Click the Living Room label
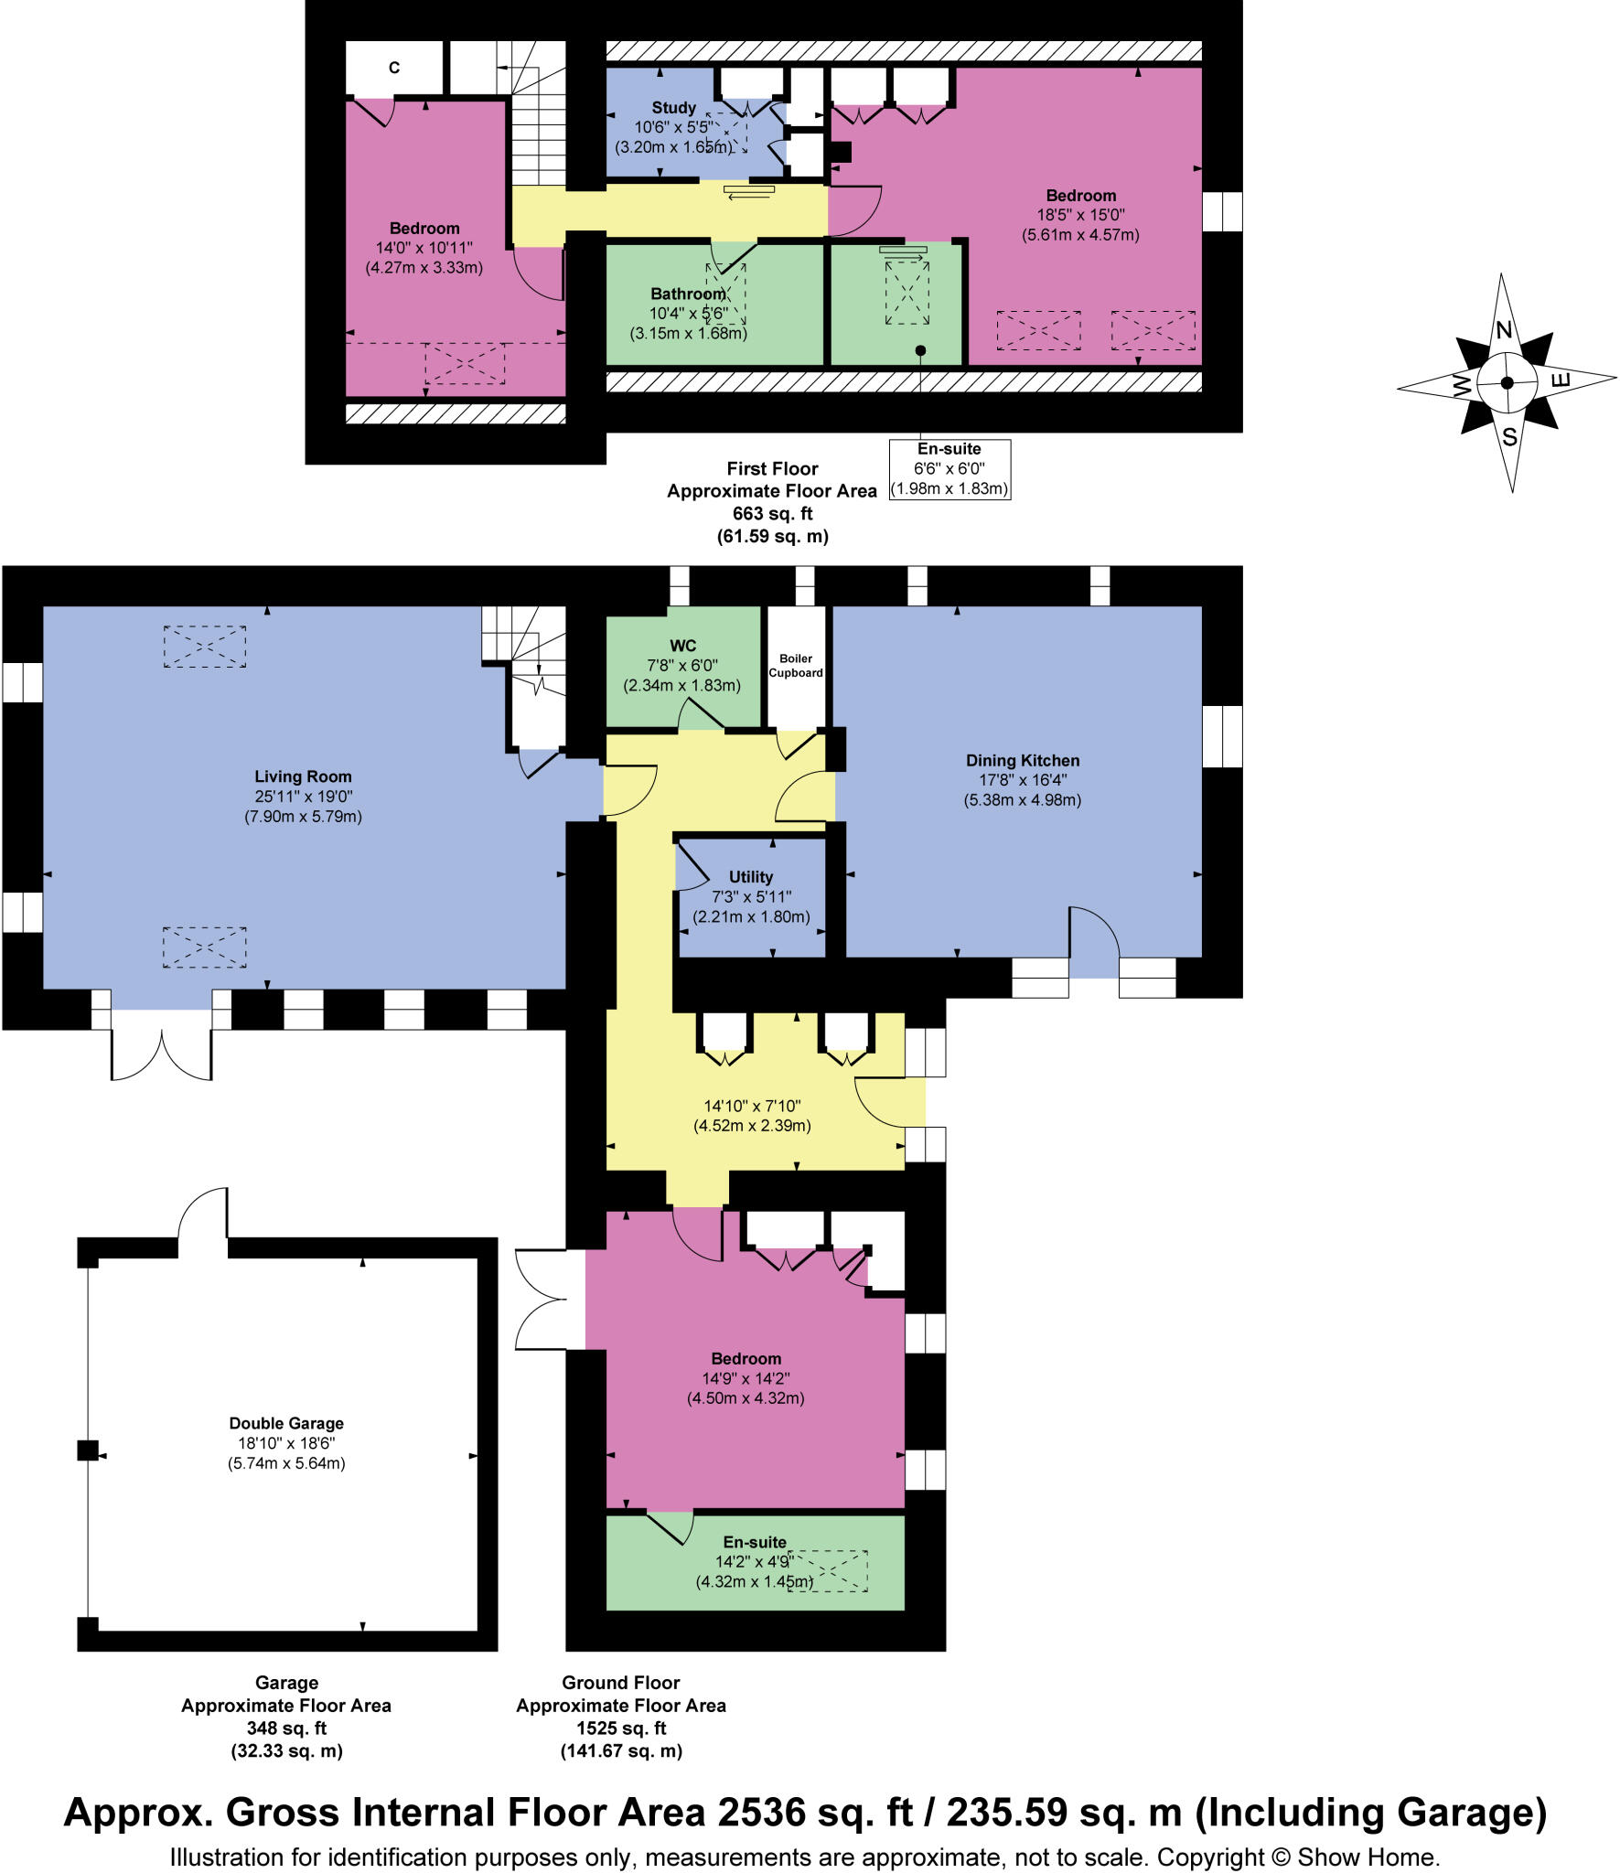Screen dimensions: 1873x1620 pyautogui.click(x=303, y=776)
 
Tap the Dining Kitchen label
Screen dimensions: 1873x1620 pyautogui.click(x=1022, y=760)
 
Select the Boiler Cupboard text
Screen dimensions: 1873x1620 pyautogui.click(x=795, y=665)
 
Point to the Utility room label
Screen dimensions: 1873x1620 pyautogui.click(x=750, y=876)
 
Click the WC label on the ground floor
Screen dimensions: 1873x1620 pyautogui.click(x=682, y=646)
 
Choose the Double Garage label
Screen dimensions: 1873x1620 pyautogui.click(x=286, y=1423)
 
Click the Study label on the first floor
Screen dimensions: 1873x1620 pyautogui.click(x=673, y=108)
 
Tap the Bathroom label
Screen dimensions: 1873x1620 pyautogui.click(x=687, y=294)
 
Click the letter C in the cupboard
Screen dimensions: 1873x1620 pyautogui.click(x=394, y=68)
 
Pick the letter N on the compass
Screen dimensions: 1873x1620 pyautogui.click(x=1503, y=329)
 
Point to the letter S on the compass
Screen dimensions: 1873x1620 pyautogui.click(x=1509, y=437)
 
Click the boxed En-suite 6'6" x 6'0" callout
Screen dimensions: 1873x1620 pyautogui.click(x=949, y=469)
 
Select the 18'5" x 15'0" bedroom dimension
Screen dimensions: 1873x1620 pyautogui.click(x=1080, y=215)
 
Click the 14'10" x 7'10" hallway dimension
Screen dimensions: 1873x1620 pyautogui.click(x=752, y=1106)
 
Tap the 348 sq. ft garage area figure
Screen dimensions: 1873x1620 pyautogui.click(x=286, y=1729)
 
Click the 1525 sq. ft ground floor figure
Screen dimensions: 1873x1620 pyautogui.click(x=620, y=1729)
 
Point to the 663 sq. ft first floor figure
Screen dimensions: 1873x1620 pyautogui.click(x=772, y=513)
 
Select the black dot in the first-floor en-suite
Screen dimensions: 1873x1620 pyautogui.click(x=920, y=350)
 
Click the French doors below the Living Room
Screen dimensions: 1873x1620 pyautogui.click(x=162, y=1047)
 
